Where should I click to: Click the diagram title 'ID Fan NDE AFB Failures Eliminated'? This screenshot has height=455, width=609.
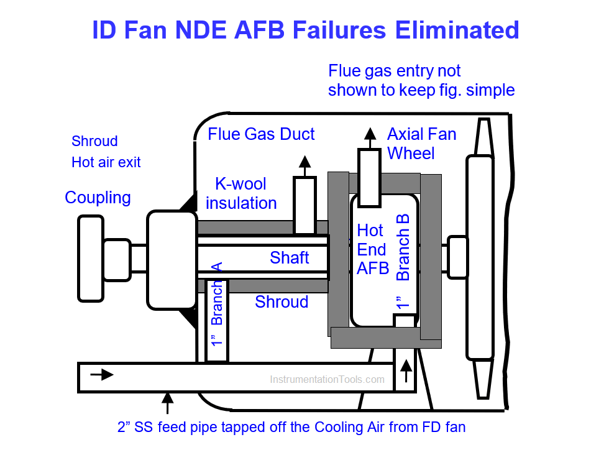305,30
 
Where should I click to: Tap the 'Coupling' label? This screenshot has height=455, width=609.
98,198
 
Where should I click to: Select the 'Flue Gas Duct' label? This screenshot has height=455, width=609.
261,134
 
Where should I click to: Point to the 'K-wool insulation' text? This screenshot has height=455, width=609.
240,193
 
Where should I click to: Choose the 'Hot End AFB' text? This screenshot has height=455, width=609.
372,249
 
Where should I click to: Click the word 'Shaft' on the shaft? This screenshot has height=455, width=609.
289,257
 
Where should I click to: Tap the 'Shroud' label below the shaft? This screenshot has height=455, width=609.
282,302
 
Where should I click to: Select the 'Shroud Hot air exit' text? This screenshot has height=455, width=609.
106,152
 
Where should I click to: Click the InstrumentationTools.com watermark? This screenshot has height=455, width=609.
327,379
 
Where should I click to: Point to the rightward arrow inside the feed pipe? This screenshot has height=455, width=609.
102,375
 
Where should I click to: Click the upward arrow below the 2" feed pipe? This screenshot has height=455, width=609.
167,402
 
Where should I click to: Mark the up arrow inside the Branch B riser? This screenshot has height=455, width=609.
406,372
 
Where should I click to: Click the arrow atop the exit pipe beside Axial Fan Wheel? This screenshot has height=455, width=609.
370,135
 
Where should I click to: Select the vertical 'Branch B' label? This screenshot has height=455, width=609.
403,247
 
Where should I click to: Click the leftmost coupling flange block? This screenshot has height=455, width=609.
90,258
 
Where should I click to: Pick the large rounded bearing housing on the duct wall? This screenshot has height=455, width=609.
172,260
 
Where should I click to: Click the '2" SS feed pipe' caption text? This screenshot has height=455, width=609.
291,428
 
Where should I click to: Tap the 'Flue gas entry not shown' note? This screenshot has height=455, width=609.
421,80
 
